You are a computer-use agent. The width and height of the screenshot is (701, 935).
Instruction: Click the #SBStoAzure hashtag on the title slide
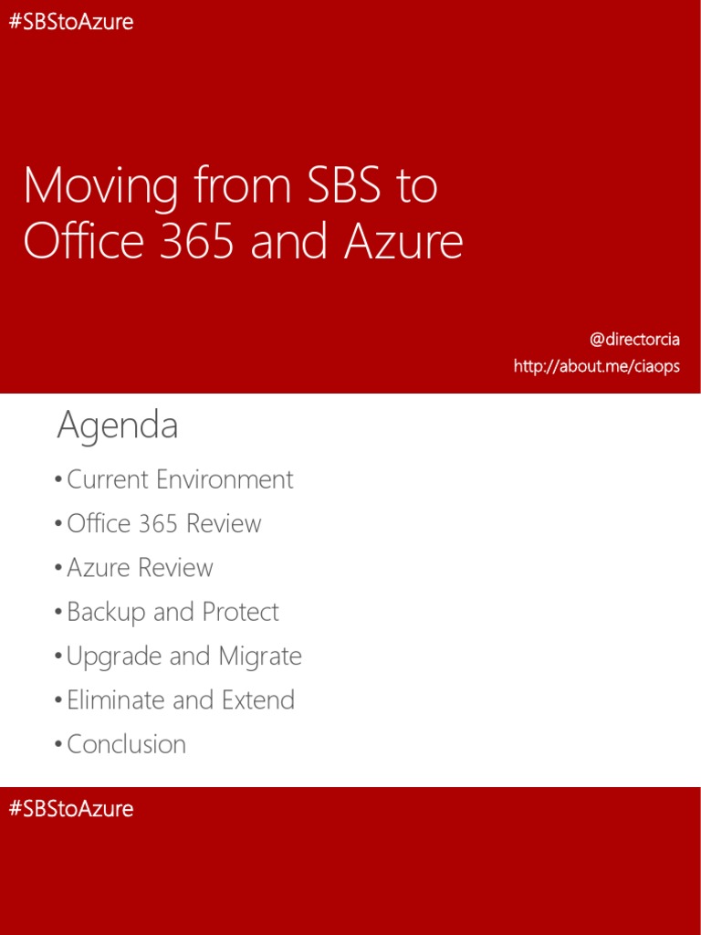coord(71,22)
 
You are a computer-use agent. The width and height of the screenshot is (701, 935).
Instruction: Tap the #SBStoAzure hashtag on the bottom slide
coord(71,809)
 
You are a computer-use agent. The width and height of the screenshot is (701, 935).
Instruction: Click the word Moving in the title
coord(100,187)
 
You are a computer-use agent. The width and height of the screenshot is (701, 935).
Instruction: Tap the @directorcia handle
coord(634,340)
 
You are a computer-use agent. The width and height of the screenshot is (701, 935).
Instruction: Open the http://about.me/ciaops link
coord(596,366)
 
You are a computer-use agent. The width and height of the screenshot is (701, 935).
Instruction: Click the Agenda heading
coord(118,425)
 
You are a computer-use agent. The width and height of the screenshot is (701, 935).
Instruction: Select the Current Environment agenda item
coord(180,479)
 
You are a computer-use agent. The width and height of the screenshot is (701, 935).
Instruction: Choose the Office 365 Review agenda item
coord(164,523)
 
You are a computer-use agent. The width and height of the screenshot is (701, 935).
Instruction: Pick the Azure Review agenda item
coord(140,567)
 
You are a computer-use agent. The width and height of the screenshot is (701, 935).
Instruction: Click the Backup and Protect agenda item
coord(173,612)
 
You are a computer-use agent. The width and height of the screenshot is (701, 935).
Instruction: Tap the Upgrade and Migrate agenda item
coord(183,656)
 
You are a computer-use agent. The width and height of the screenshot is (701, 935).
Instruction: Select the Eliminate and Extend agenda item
coord(181,699)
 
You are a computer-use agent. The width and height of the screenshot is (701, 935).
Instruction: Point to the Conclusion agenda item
coord(126,744)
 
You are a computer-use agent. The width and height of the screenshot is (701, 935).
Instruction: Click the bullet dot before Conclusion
coord(59,745)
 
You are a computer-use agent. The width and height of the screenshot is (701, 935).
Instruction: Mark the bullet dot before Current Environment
coord(59,480)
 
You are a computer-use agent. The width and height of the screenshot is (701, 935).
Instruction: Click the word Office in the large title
coord(81,241)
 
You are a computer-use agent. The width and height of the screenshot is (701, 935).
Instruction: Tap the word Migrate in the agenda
coord(260,657)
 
